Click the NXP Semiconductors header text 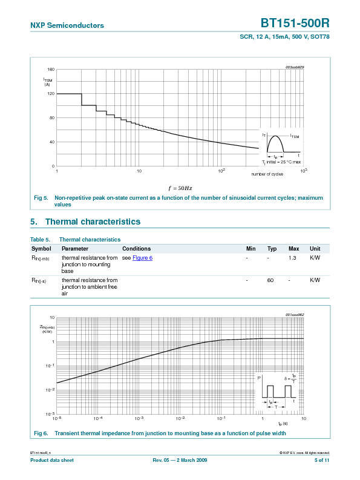tap(67, 25)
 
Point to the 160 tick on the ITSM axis tap(51, 70)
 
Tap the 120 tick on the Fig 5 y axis tap(51, 94)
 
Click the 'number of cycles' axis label tap(267, 174)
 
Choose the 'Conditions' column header tap(136, 249)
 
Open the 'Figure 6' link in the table tap(143, 258)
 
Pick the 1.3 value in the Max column tap(292, 258)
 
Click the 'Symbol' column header tap(41, 249)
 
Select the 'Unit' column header tap(315, 249)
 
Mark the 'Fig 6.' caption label tap(41, 433)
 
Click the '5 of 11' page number tap(322, 461)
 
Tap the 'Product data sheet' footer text tap(52, 461)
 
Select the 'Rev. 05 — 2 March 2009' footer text tap(180, 461)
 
